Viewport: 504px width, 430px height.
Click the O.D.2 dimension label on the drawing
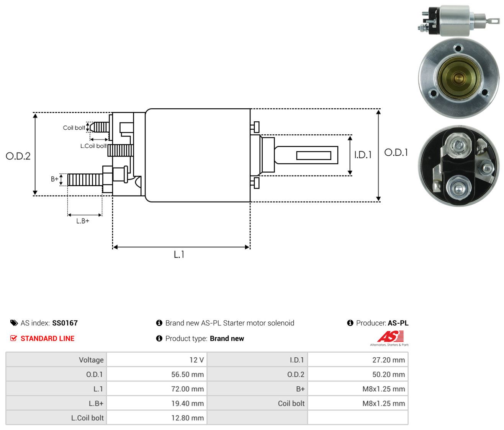pyautogui.click(x=18, y=156)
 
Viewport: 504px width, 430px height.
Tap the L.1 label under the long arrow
pyautogui.click(x=179, y=254)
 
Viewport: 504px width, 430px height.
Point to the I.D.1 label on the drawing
pyautogui.click(x=363, y=155)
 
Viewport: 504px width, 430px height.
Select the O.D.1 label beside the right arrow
pyautogui.click(x=396, y=153)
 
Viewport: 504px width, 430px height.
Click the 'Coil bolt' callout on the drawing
pyautogui.click(x=74, y=128)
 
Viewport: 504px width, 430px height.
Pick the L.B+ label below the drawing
pyautogui.click(x=83, y=221)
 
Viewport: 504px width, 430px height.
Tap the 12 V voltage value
pyautogui.click(x=196, y=360)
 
